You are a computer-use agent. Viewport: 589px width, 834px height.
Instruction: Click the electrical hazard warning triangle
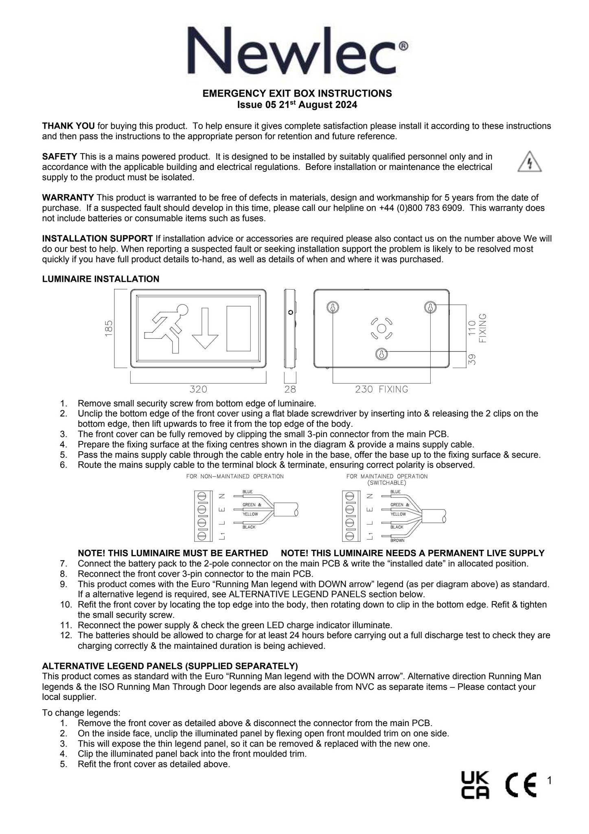click(529, 162)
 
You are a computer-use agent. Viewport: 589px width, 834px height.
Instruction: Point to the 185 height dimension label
click(109, 328)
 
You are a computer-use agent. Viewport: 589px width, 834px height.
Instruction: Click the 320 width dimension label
click(198, 389)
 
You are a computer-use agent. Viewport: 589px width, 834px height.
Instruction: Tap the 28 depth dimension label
click(290, 389)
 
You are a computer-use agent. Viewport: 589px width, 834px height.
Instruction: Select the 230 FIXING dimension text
click(381, 389)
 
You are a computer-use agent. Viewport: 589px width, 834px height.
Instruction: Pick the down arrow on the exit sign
click(205, 328)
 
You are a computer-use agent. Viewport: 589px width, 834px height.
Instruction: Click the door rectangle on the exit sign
click(239, 328)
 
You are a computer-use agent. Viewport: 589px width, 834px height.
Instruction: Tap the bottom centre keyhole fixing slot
click(381, 354)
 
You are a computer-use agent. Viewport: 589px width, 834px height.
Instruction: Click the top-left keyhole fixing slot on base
click(333, 307)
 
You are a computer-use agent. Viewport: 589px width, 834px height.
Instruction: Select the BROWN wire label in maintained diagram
click(397, 540)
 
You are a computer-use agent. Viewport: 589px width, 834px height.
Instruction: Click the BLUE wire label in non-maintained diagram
click(247, 492)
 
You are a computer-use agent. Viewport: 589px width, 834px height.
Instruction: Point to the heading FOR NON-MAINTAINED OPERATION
click(235, 476)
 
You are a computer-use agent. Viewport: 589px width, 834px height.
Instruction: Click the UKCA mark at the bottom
click(475, 786)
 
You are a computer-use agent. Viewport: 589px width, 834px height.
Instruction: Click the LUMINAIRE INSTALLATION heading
click(101, 279)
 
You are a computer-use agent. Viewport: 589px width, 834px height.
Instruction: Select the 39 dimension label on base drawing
click(471, 359)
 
